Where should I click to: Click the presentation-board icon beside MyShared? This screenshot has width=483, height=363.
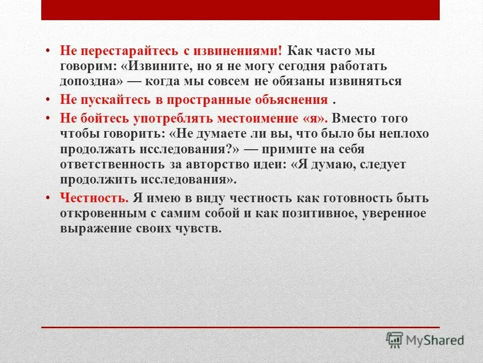[394, 339]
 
